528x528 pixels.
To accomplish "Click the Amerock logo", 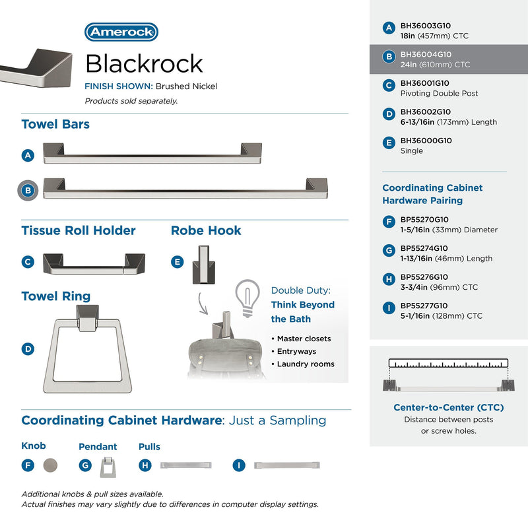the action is click(x=121, y=32).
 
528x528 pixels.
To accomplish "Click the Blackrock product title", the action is click(x=144, y=63).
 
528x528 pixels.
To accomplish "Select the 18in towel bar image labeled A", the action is click(x=152, y=153).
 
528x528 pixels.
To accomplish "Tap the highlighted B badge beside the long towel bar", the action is click(x=28, y=191).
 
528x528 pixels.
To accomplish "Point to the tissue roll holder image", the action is click(x=94, y=264).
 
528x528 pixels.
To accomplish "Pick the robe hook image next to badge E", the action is click(x=203, y=265).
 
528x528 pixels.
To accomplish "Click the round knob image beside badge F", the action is click(x=50, y=465).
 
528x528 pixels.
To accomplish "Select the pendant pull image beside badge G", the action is click(x=108, y=467).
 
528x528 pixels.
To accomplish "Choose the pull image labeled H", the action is click(x=186, y=465).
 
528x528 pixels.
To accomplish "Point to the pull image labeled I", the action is click(x=287, y=465).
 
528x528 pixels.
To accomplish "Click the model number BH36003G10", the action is click(x=425, y=26).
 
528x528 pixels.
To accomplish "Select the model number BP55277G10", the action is click(x=424, y=306).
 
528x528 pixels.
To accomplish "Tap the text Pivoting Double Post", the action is click(x=439, y=93).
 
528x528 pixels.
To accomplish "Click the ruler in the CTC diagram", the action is click(x=448, y=363).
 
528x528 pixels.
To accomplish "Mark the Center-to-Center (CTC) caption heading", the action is click(x=449, y=407).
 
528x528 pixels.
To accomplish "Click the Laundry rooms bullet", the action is click(x=303, y=364).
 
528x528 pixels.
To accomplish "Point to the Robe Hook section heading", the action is click(x=206, y=230).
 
